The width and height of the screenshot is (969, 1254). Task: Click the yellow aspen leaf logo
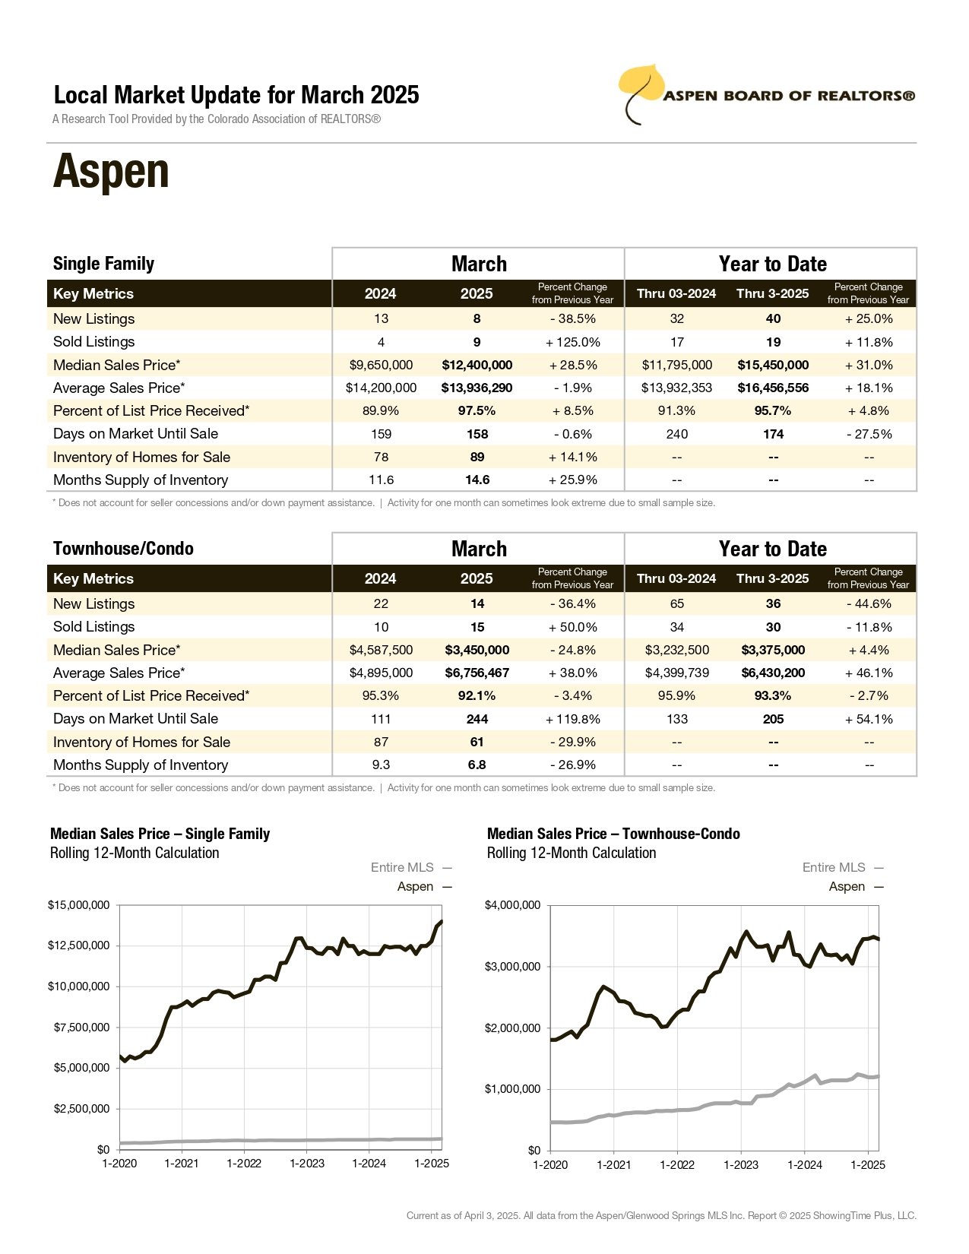point(641,92)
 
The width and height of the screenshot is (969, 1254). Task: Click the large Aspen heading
point(111,172)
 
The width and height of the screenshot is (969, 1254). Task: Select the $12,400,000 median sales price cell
point(477,365)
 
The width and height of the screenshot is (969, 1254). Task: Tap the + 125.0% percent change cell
point(572,342)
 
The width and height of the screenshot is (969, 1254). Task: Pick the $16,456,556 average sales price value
point(773,388)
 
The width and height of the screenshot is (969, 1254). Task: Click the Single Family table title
point(104,264)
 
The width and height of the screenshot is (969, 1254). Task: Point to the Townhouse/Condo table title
point(124,548)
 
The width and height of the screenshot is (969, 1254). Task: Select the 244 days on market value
point(477,719)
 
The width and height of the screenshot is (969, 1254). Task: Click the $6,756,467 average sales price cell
point(477,673)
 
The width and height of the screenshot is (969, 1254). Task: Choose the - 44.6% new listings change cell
point(869,603)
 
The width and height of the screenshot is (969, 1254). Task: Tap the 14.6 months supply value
point(477,480)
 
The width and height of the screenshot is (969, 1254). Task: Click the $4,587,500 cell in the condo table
point(381,650)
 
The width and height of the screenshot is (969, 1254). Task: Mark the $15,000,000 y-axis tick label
point(78,905)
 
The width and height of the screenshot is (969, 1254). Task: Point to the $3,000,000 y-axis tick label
point(512,967)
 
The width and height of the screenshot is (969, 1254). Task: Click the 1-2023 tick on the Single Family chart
point(306,1164)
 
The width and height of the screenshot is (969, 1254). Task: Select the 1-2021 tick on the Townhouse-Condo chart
point(613,1164)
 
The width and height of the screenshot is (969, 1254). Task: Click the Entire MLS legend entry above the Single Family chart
point(411,867)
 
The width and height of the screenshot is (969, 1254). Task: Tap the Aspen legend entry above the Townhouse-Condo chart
point(856,886)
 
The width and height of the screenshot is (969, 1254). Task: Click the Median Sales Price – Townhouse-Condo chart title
point(613,834)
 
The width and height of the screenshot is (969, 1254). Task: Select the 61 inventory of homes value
point(477,742)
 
